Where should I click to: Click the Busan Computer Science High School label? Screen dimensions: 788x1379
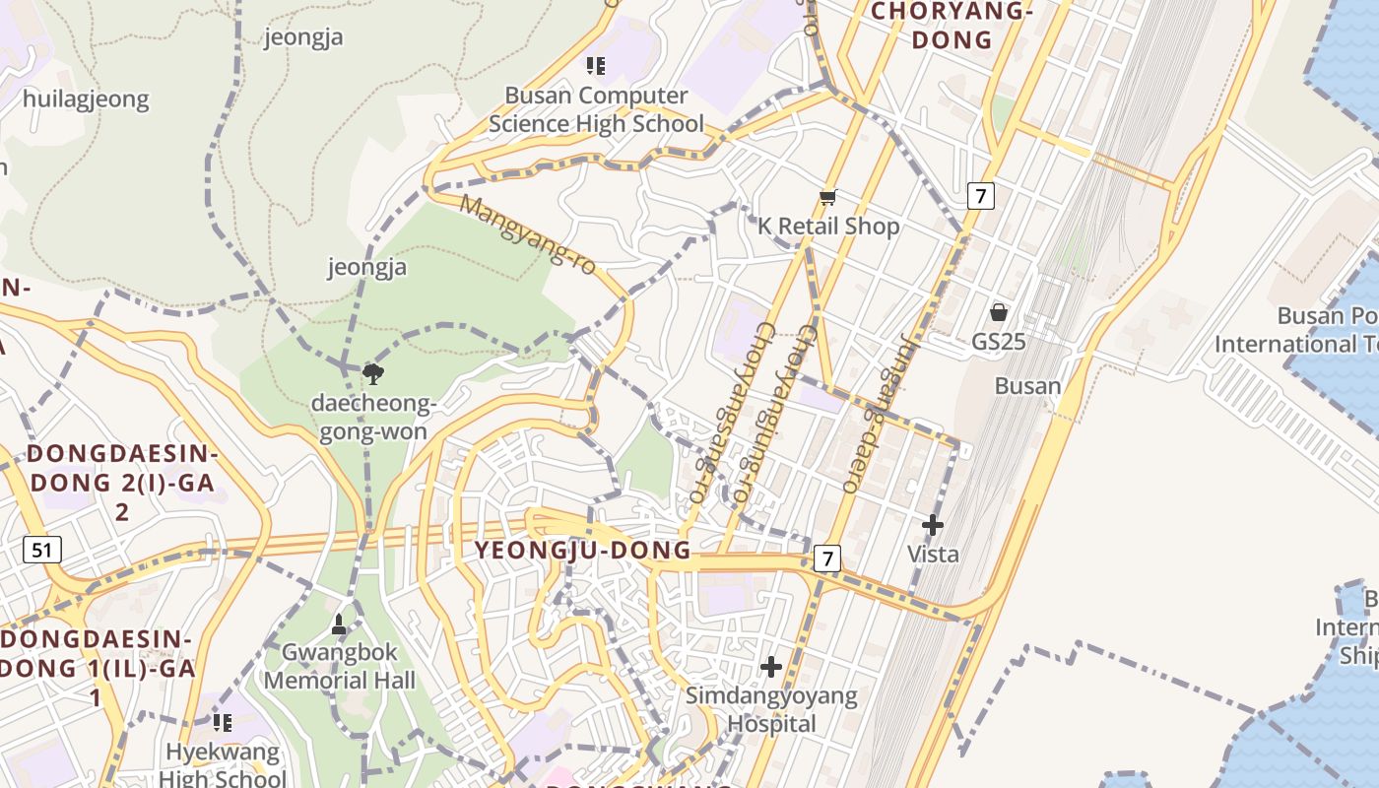[x=596, y=109]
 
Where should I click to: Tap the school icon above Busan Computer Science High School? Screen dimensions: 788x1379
[x=595, y=66]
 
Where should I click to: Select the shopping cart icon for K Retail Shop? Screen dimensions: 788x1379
[x=828, y=197]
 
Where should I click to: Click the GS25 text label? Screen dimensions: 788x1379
[x=998, y=342]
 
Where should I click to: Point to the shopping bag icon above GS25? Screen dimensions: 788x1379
[x=998, y=312]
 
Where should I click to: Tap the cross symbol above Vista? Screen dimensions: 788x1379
[x=932, y=525]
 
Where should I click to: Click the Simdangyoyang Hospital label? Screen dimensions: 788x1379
[x=771, y=709]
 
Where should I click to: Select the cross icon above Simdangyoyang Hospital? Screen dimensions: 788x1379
[x=771, y=667]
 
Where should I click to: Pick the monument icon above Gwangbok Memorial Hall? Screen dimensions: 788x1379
[x=339, y=624]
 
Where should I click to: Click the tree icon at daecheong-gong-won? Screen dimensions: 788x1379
[x=372, y=373]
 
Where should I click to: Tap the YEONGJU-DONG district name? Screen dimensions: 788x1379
[x=583, y=550]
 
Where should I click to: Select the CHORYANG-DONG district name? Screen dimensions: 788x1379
[x=952, y=26]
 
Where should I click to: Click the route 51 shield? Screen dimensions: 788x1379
[x=41, y=549]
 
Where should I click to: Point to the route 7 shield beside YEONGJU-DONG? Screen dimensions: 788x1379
[x=827, y=558]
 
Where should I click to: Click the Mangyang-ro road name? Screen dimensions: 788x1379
[x=528, y=235]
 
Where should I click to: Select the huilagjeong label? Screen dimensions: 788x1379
[x=86, y=98]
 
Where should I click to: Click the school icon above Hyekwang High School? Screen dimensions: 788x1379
[x=223, y=723]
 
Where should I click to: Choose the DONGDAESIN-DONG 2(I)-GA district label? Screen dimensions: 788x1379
[x=122, y=483]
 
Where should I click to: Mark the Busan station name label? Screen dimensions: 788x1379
[x=1027, y=385]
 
